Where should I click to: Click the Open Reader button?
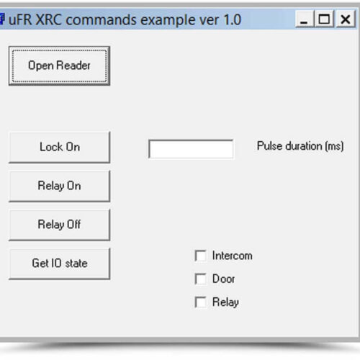[59, 66]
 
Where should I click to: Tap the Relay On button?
[59, 186]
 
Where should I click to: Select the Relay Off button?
[59, 225]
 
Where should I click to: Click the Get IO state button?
[59, 264]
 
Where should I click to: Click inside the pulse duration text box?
[191, 149]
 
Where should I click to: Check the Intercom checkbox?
[200, 256]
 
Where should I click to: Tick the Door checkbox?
[200, 279]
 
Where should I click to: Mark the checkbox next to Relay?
[200, 302]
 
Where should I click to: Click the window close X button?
[346, 19]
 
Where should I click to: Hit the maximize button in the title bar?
[325, 19]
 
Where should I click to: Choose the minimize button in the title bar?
[305, 19]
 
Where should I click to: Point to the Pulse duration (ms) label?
[300, 146]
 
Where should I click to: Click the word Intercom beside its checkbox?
[232, 256]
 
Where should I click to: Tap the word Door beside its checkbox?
[223, 279]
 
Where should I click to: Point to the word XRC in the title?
[49, 19]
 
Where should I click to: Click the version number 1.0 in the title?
[232, 19]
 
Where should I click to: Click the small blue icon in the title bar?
[2, 19]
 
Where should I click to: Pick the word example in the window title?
[168, 20]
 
